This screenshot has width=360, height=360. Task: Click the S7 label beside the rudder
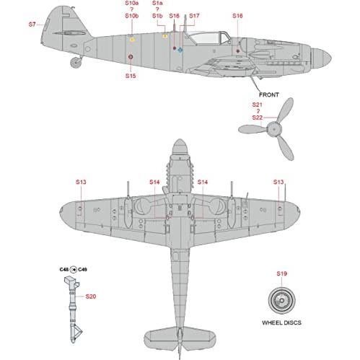coord(32,25)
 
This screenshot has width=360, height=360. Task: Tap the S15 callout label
coord(131,76)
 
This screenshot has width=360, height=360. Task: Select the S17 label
coord(194,16)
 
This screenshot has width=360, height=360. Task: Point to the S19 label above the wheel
coord(281,273)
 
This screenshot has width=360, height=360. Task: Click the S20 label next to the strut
coord(91,297)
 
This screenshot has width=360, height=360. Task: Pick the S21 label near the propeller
coord(257,105)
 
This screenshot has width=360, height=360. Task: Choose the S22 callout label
coord(258,118)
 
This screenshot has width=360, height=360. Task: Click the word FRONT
coord(269,95)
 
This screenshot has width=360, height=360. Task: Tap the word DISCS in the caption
coord(292,322)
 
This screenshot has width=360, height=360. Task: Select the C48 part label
coord(64,270)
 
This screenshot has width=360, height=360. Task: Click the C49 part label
coord(82,270)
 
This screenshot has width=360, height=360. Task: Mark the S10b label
coord(132,16)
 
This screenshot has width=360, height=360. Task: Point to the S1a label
coord(157,3)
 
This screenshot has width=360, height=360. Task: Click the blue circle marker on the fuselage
coord(180,50)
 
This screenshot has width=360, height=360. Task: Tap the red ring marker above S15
coord(131,57)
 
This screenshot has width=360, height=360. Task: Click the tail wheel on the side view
coord(76,62)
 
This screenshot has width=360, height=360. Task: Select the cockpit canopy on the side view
coord(208,38)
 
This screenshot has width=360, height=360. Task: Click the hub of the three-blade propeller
coord(274,129)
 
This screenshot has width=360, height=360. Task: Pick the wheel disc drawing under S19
coord(281,300)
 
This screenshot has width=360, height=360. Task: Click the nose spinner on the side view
coord(321,58)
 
